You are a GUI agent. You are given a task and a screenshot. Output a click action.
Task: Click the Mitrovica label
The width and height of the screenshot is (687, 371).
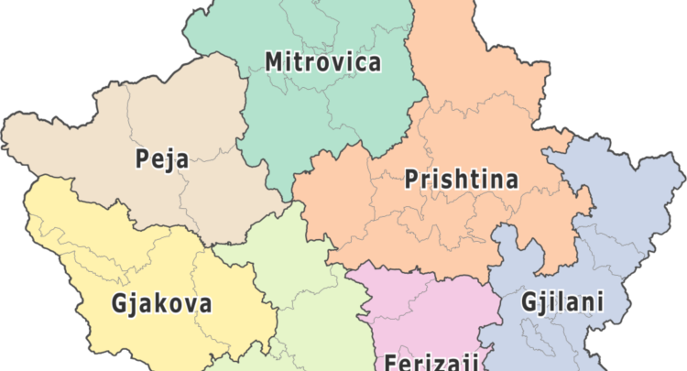point(322,62)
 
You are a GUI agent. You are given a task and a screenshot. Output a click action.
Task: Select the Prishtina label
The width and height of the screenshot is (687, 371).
point(461,180)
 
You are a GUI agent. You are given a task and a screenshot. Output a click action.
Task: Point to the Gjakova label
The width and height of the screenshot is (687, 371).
point(161,302)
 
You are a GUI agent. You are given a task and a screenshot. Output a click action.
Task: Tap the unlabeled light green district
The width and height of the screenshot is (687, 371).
point(293,266)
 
